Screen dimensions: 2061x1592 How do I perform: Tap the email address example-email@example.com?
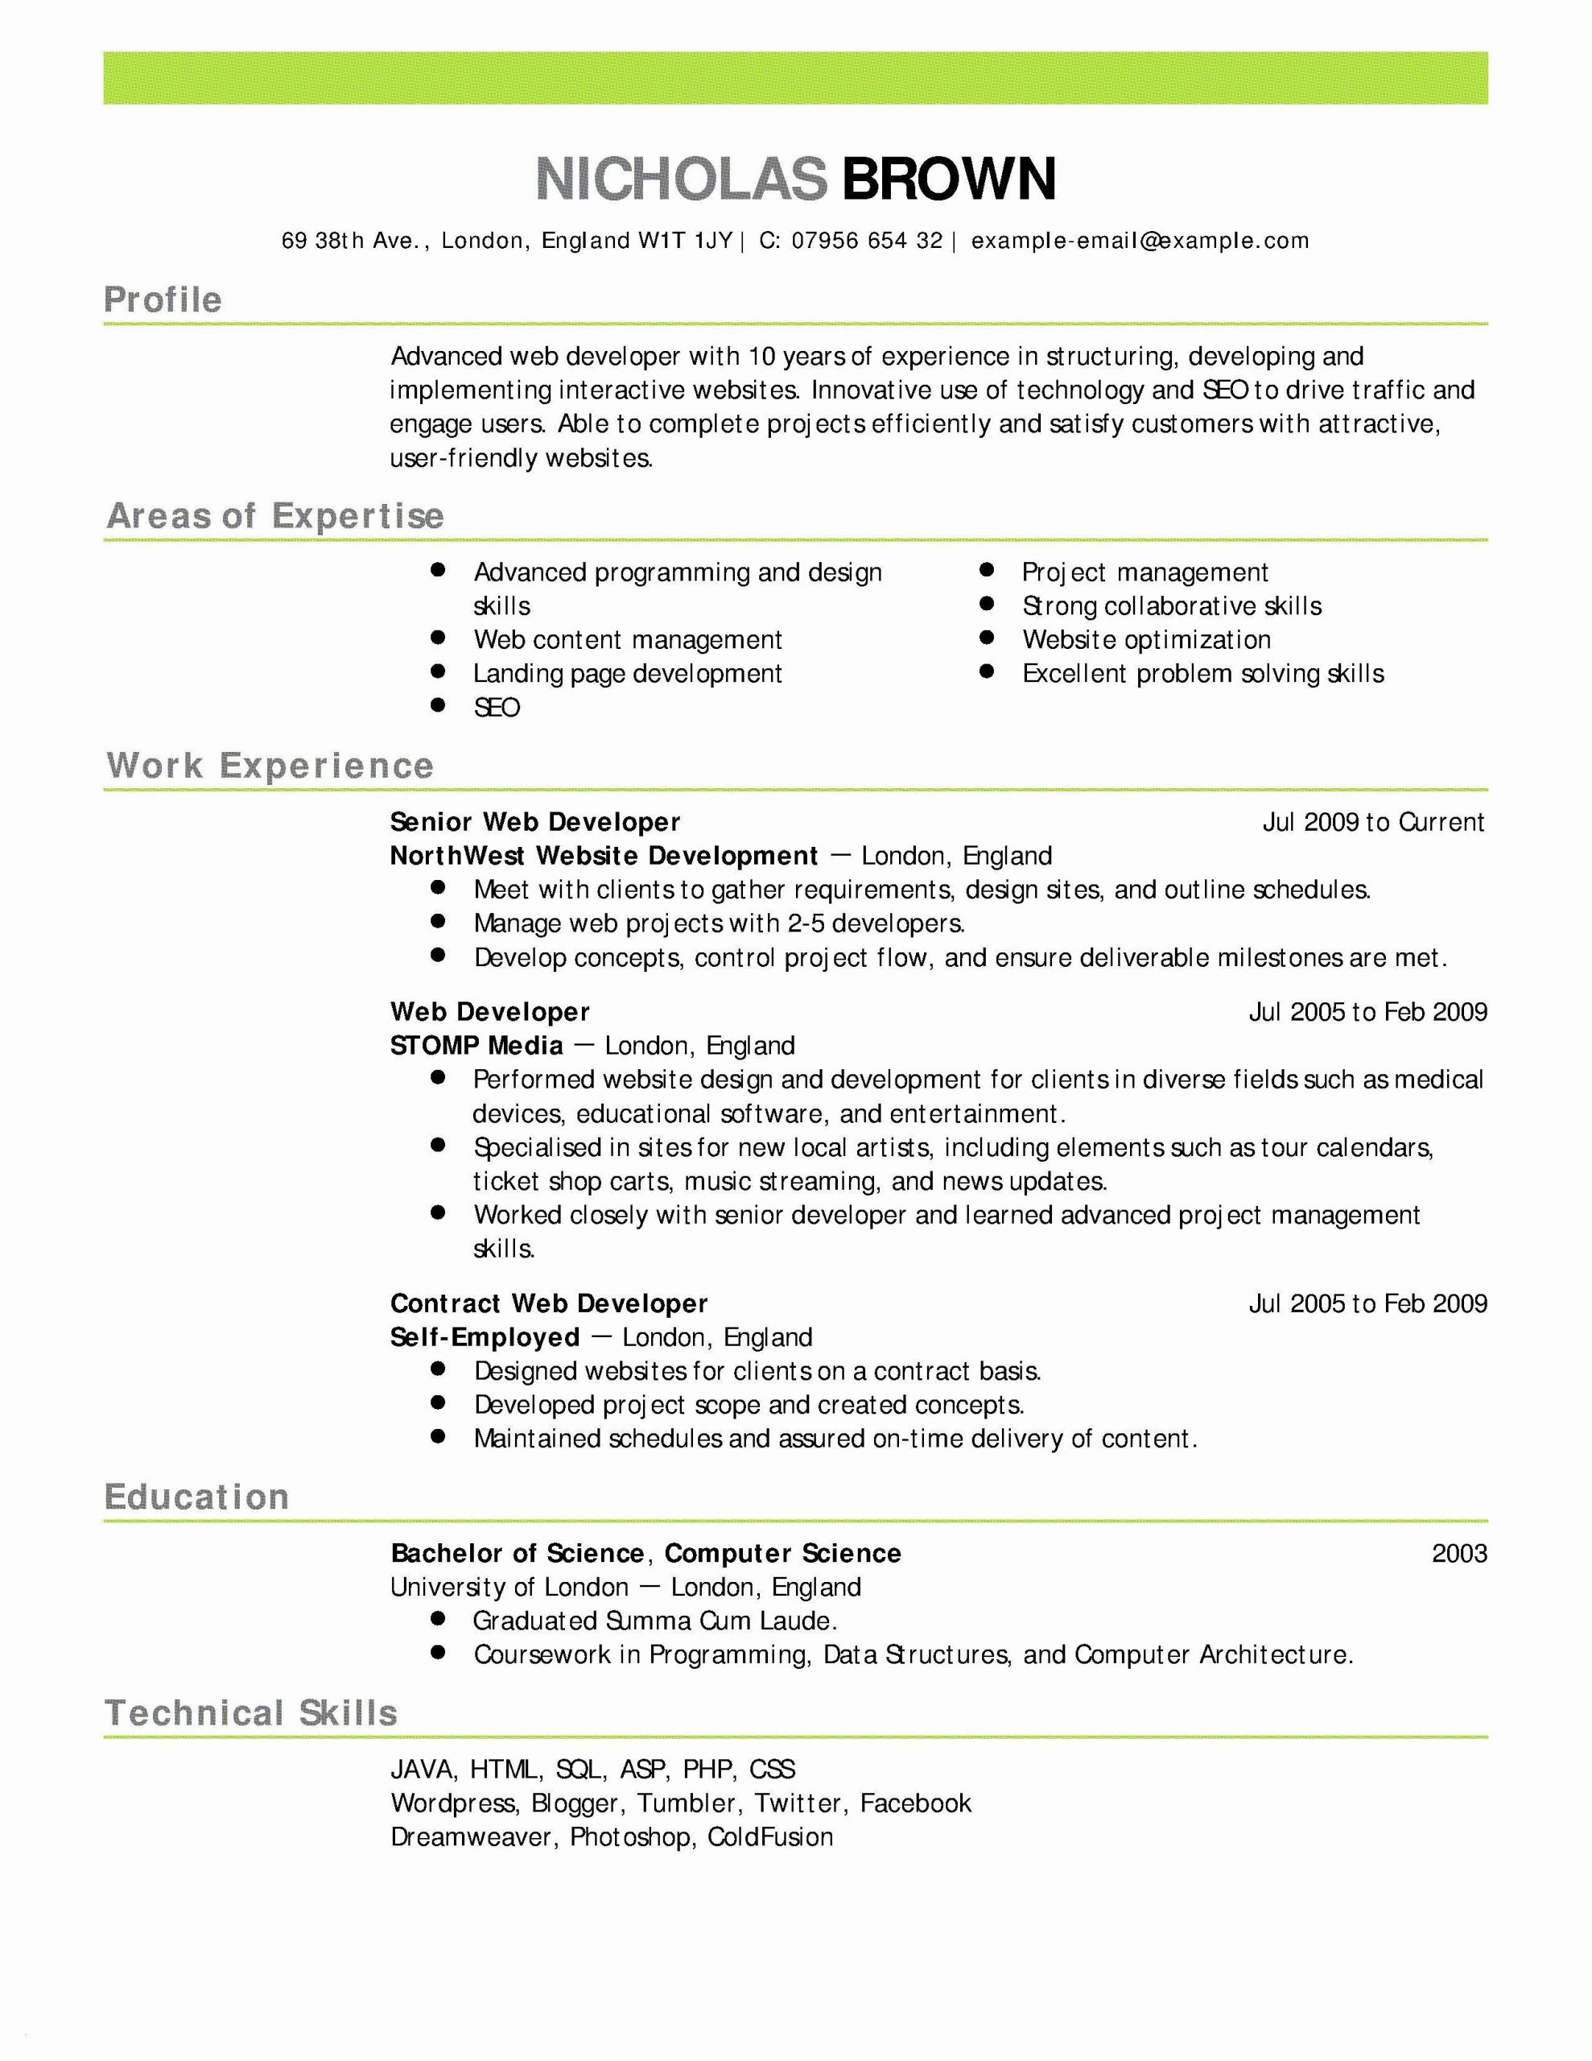[1140, 241]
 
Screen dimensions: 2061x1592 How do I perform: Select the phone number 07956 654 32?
[866, 241]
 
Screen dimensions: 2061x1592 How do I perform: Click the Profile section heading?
[163, 300]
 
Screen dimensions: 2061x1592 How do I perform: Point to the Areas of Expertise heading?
[274, 516]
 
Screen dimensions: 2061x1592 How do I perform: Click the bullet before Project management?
[987, 570]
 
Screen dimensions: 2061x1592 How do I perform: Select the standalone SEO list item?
[497, 708]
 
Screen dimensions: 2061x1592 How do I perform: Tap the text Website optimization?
[1145, 640]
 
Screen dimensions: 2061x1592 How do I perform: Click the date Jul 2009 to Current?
[1373, 822]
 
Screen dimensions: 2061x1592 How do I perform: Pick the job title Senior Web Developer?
[534, 822]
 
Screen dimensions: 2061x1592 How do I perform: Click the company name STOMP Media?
[476, 1046]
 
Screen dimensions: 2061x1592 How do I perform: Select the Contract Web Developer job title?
[548, 1303]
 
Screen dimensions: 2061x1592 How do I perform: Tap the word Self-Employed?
[484, 1337]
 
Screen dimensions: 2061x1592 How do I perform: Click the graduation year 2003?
[1458, 1553]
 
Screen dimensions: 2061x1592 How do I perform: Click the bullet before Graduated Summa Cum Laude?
[437, 1619]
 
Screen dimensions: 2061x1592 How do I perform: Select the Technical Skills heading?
[251, 1712]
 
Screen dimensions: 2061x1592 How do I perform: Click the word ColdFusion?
[770, 1837]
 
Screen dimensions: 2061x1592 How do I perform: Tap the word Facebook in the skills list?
[914, 1803]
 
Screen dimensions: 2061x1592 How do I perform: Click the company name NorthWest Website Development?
[603, 856]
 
